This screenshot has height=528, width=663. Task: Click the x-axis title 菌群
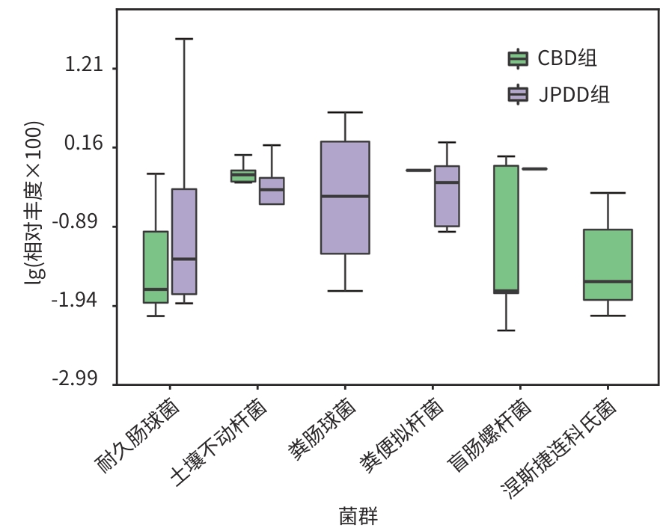pos(358,515)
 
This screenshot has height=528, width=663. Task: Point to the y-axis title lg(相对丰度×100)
pos(34,202)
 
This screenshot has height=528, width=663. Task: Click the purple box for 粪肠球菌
pos(345,197)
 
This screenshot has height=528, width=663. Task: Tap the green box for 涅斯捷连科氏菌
pos(608,264)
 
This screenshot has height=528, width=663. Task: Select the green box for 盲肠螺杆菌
pos(507,228)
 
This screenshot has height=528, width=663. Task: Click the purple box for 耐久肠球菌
pos(184,241)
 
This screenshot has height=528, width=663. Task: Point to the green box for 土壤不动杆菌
pos(243,176)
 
